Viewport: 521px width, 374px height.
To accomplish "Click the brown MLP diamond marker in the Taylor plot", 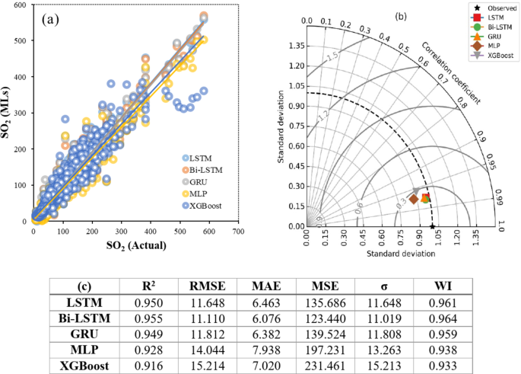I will (x=414, y=200).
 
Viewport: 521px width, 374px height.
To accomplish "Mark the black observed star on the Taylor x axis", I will (x=432, y=226).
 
